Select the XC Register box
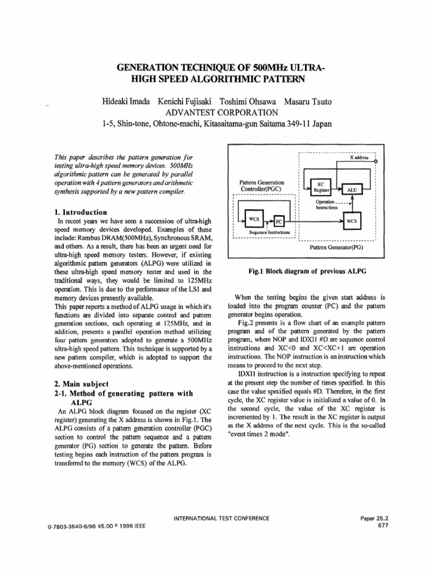321,186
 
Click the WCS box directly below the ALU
351,221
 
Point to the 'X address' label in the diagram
359,158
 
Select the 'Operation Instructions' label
326,204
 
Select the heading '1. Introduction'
82,212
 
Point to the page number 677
383,525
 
